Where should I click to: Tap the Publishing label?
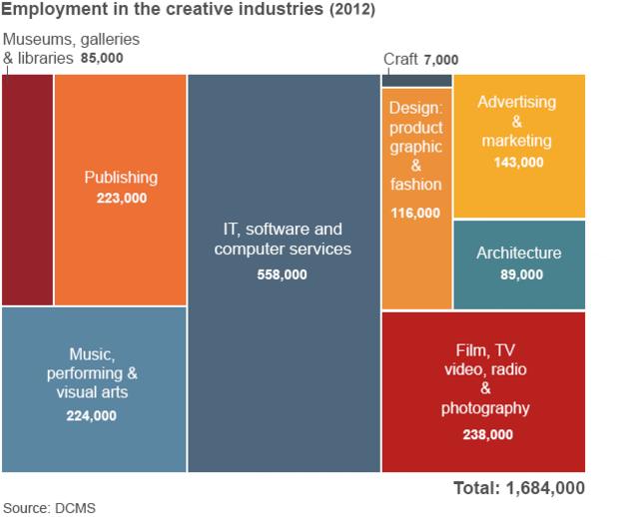[x=121, y=178]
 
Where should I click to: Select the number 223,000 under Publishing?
[x=121, y=198]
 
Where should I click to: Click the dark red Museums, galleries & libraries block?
[x=27, y=190]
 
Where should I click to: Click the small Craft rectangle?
[x=416, y=80]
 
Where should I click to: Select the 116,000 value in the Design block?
[x=415, y=213]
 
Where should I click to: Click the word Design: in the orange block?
[x=415, y=108]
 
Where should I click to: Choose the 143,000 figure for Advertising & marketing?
[x=518, y=162]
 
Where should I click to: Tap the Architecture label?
[x=518, y=254]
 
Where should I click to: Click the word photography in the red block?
[x=485, y=408]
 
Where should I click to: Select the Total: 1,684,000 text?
[x=518, y=488]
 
